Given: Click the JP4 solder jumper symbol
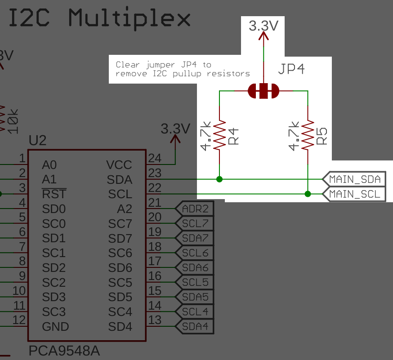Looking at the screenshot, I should (x=263, y=91).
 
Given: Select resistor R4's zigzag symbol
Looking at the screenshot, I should (x=219, y=135).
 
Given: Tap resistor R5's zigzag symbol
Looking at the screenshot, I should (x=308, y=135).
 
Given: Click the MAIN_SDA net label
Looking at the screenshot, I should (x=354, y=179).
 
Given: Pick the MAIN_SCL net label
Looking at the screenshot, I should (x=354, y=194).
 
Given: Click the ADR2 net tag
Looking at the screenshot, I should (x=195, y=209).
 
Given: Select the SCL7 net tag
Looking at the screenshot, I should (x=195, y=223).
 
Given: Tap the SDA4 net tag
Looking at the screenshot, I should (x=195, y=326).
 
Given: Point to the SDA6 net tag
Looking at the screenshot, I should (x=195, y=267).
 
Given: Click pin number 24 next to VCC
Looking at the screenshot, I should (x=154, y=158).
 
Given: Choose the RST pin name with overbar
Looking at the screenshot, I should (x=54, y=194).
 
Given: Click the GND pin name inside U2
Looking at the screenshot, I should (x=55, y=327).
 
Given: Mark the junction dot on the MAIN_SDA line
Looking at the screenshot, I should (x=219, y=179).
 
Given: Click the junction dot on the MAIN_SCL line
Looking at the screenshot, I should (x=308, y=194).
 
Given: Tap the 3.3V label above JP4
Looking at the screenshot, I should (x=263, y=26).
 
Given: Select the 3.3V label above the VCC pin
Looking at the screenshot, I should (x=175, y=129).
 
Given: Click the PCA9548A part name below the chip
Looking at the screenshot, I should (x=64, y=351).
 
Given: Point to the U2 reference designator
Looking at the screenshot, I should (x=37, y=141).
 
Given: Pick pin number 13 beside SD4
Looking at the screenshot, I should (x=154, y=320).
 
